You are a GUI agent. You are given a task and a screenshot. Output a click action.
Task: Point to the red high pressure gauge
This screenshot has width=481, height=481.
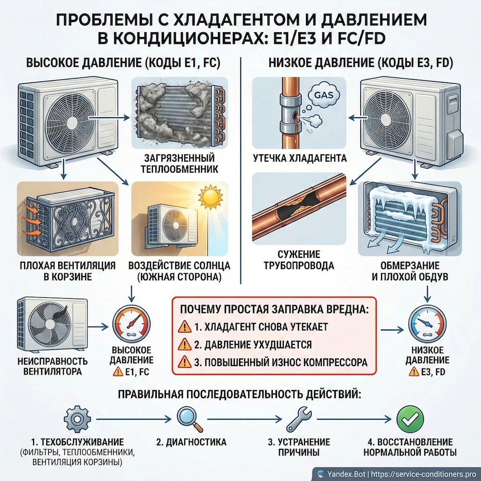(x=131, y=327)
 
